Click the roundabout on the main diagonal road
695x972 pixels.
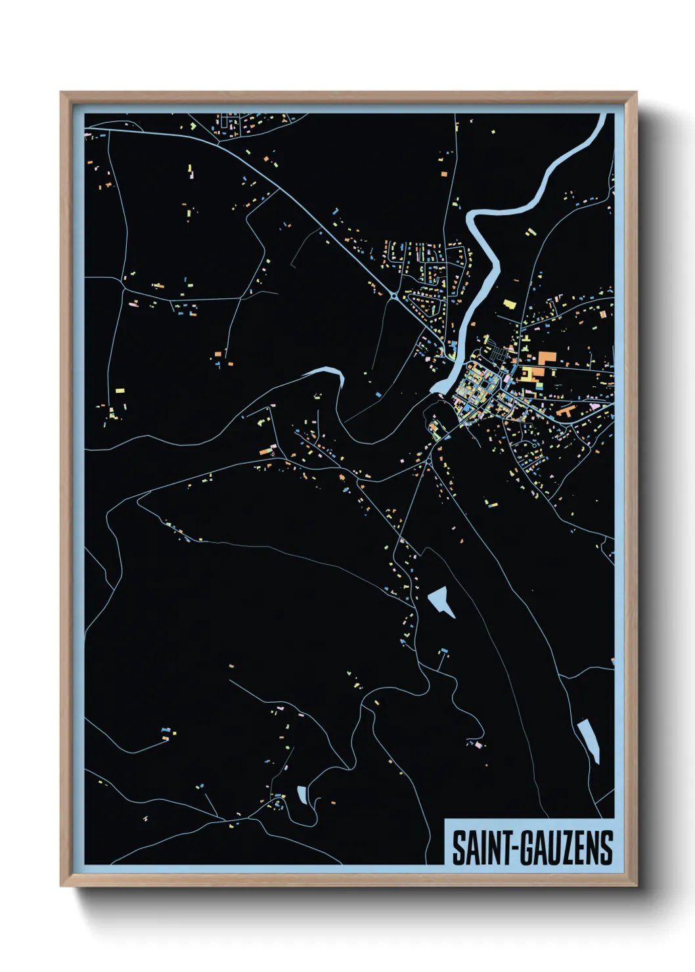coord(393,296)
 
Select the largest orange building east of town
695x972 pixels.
coord(547,358)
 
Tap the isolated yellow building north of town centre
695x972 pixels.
coord(508,304)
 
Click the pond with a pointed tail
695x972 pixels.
coord(440,600)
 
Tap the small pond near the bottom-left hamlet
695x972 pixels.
coord(302,795)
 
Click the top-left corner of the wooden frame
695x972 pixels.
coord(61,93)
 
